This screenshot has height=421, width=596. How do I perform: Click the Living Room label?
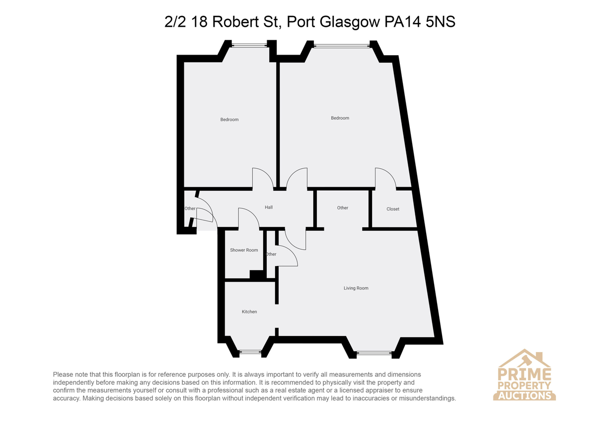click(356, 288)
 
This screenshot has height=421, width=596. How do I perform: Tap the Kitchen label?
click(249, 312)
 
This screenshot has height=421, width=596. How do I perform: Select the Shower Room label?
click(244, 250)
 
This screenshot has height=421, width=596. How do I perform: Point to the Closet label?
click(393, 209)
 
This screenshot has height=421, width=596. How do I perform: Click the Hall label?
click(269, 207)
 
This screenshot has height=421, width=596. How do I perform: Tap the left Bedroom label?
click(229, 120)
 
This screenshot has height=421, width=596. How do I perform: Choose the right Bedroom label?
click(340, 118)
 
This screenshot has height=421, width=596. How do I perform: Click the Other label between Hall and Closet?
click(342, 208)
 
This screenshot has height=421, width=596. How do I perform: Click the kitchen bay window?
click(250, 352)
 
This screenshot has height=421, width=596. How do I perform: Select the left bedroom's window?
click(249, 46)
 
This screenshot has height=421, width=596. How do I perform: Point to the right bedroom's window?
click(342, 46)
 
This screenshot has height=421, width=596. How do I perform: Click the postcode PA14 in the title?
click(403, 22)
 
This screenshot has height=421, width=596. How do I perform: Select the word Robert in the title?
click(235, 22)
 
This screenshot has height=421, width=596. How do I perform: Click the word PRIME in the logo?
click(524, 374)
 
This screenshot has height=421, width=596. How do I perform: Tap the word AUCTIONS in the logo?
click(524, 396)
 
